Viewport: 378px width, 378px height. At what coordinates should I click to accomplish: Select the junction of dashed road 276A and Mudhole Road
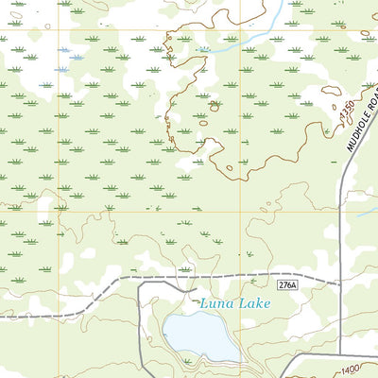pyautogui.click(x=340, y=283)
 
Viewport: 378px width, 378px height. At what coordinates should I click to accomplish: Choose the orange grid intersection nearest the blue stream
pyautogui.click(x=240, y=30)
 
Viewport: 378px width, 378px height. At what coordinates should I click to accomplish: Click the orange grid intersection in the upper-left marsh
pyautogui.click(x=59, y=30)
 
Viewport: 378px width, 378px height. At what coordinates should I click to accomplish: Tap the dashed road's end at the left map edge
pyautogui.click(x=2, y=318)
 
